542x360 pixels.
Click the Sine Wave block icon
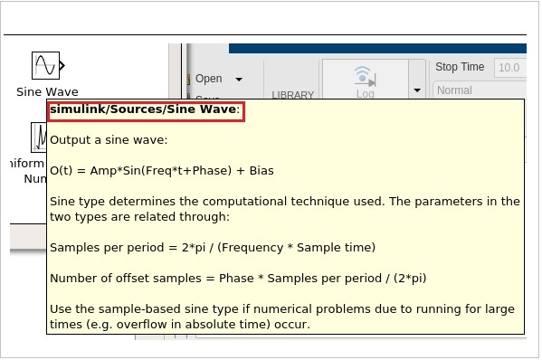(x=45, y=65)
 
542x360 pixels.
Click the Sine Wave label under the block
(x=47, y=91)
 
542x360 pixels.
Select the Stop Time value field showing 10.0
(x=509, y=67)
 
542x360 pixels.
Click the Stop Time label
(x=459, y=67)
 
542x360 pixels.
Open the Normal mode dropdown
(x=478, y=90)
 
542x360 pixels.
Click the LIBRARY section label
(x=292, y=95)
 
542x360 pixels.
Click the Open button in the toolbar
(x=208, y=79)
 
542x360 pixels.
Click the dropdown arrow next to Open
(x=239, y=80)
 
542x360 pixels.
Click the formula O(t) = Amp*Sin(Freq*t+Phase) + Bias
(x=161, y=170)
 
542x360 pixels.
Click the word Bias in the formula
(x=260, y=170)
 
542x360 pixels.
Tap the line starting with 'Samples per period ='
(x=212, y=247)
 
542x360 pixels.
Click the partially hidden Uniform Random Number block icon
(x=41, y=137)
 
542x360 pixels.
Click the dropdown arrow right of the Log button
(x=417, y=90)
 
